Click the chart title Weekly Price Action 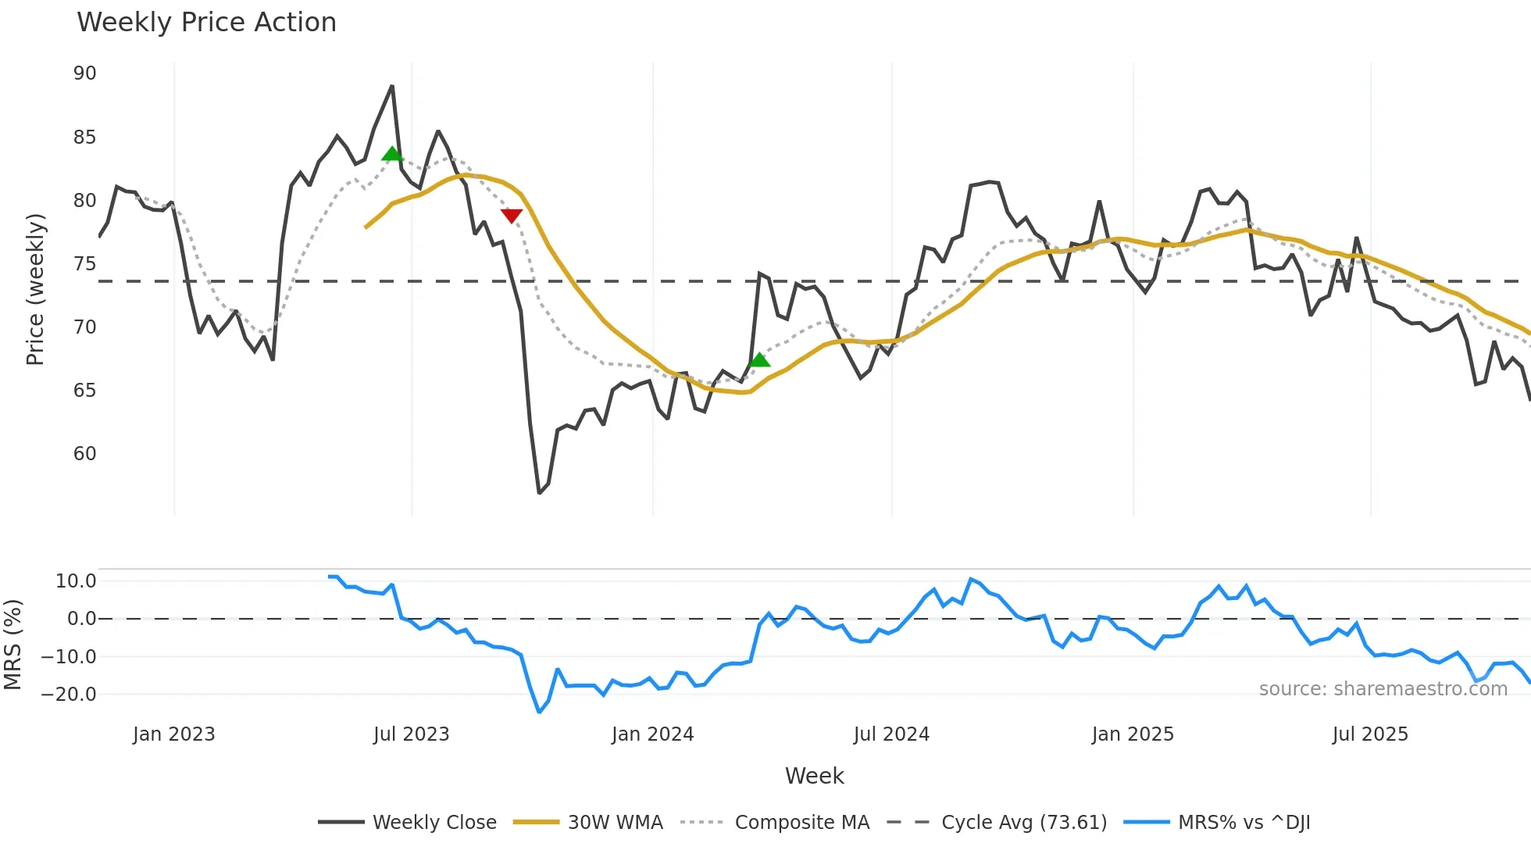pyautogui.click(x=206, y=23)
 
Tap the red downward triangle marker pyautogui.click(x=512, y=216)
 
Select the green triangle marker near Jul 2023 pyautogui.click(x=392, y=153)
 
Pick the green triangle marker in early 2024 pyautogui.click(x=759, y=359)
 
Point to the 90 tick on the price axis pyautogui.click(x=84, y=73)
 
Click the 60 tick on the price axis pyautogui.click(x=84, y=454)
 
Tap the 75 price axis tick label pyautogui.click(x=84, y=264)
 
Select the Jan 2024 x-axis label pyautogui.click(x=652, y=734)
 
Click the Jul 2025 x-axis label pyautogui.click(x=1370, y=734)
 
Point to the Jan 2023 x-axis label pyautogui.click(x=173, y=734)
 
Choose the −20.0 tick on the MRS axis pyautogui.click(x=69, y=695)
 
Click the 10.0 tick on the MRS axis pyautogui.click(x=75, y=581)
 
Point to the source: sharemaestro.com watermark pyautogui.click(x=1383, y=689)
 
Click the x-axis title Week pyautogui.click(x=814, y=776)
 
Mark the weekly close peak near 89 pyautogui.click(x=392, y=86)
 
